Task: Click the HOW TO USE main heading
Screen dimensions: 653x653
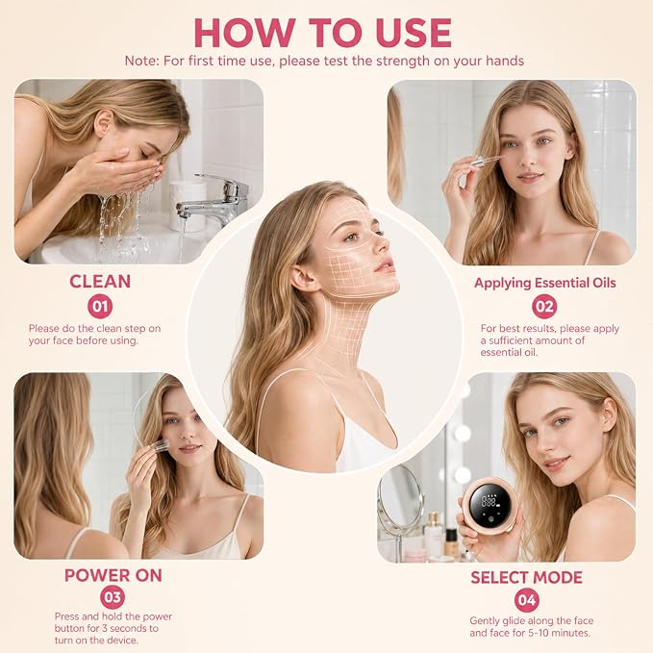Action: pos(323,33)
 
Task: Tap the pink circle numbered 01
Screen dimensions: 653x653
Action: pos(100,306)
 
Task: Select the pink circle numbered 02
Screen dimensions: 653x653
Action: pos(544,307)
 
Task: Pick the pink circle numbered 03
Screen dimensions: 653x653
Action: pos(113,597)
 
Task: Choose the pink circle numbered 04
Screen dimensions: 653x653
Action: pos(527,600)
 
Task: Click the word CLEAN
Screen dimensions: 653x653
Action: pos(100,282)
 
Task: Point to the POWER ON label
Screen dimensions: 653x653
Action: pos(113,575)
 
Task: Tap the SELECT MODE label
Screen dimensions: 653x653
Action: pos(526,578)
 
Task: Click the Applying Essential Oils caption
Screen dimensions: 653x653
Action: pos(544,283)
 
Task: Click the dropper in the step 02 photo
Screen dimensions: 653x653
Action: pos(484,162)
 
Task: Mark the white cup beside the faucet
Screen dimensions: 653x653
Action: pos(187,205)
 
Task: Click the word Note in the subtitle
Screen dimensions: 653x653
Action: pos(140,61)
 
